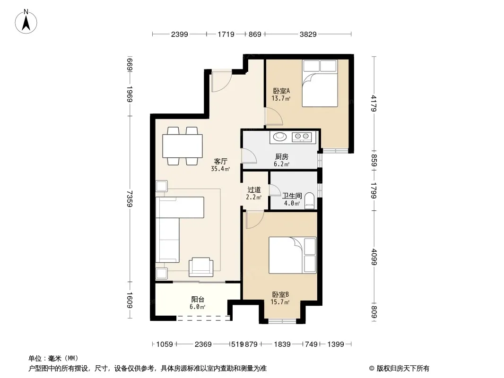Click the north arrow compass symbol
26,22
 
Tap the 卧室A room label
281,91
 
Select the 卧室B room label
281,294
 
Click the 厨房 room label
282,157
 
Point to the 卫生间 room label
292,196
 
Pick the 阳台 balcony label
198,300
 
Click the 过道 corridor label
254,190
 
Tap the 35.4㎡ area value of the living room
220,169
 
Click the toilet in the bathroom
309,201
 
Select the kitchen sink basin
279,137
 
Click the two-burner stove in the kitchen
302,137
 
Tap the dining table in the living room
182,146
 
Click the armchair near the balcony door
201,267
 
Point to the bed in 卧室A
320,83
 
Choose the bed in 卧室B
293,255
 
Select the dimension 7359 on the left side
130,199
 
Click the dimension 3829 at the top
308,34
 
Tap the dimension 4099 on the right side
374,257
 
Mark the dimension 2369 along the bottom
203,344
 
